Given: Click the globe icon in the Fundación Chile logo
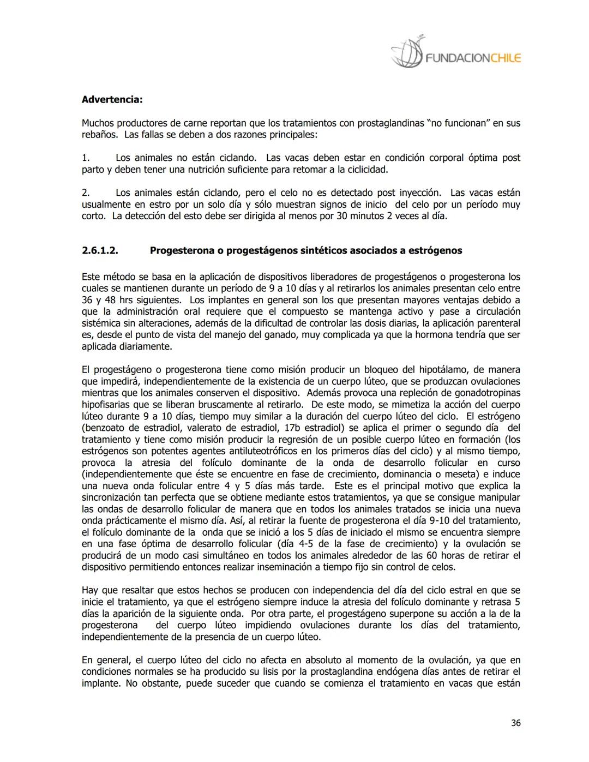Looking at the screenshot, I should (x=407, y=53).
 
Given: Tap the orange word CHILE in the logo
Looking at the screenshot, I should (x=506, y=58).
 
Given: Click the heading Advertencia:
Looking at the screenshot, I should (x=112, y=100).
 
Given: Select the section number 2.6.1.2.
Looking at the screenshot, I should (x=100, y=251).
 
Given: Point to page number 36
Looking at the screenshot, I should (x=515, y=723).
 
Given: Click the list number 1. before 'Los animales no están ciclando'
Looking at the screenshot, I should (x=86, y=158).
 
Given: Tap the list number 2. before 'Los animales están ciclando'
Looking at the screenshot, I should (x=86, y=193).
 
